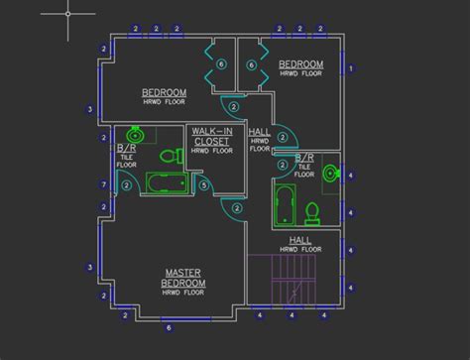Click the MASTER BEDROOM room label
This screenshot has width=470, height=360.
(x=182, y=276)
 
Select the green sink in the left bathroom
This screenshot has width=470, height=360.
(x=136, y=135)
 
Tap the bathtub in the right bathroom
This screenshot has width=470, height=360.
(x=283, y=202)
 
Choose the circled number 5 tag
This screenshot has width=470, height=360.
(x=203, y=183)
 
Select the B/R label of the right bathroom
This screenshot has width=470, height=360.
(x=304, y=158)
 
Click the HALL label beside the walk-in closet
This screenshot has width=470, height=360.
(x=259, y=132)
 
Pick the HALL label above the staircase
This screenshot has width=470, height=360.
(x=301, y=240)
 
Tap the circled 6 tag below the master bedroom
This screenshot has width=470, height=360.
(x=169, y=326)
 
